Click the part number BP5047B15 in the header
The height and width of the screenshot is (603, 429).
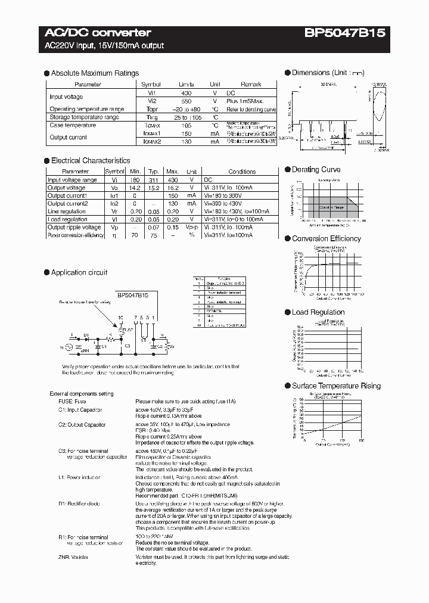345,33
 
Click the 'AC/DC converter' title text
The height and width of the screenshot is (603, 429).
98,33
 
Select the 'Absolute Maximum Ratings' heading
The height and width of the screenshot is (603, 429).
95,73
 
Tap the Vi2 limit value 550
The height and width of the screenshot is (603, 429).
186,101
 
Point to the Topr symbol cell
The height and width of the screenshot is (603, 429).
151,110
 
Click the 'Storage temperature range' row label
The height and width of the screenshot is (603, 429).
84,117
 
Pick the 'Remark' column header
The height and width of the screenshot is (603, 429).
251,85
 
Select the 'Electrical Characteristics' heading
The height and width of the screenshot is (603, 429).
90,160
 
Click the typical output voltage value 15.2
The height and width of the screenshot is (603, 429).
154,188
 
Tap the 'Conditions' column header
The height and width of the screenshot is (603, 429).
242,172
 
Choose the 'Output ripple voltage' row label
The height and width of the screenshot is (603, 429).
74,227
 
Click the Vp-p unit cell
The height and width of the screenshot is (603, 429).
192,227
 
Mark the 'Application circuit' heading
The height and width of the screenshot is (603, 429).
79,272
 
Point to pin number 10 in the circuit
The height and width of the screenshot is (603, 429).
120,318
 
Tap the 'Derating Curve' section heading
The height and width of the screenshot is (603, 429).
316,170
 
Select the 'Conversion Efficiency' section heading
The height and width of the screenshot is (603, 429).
326,238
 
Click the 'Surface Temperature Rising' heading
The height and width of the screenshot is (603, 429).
336,386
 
